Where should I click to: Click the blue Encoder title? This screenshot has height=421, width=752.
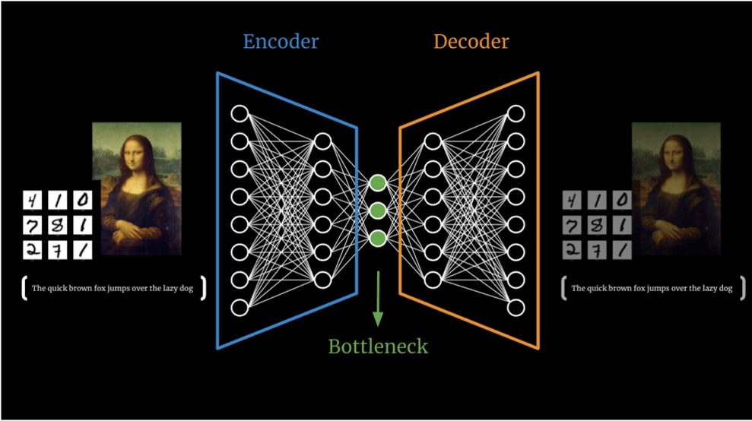coord(281,42)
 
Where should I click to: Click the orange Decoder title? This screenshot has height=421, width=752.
coord(471,42)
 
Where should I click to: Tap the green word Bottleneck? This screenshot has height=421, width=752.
coord(378,347)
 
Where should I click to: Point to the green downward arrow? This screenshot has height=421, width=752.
coord(378,299)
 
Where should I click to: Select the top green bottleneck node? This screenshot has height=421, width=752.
coord(378,182)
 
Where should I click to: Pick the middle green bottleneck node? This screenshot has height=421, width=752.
coord(378,210)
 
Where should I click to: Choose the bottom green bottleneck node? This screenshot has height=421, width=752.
coord(378,239)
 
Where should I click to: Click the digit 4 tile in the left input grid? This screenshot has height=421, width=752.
coord(32,200)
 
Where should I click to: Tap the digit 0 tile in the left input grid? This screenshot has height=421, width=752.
coord(82,200)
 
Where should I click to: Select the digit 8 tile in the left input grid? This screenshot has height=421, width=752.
coord(58,225)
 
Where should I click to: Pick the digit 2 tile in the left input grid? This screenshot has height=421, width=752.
coord(32,250)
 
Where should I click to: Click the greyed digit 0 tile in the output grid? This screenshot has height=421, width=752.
coord(622,200)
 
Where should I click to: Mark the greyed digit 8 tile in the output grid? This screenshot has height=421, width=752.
coord(597,225)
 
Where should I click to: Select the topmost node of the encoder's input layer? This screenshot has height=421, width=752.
coord(240,114)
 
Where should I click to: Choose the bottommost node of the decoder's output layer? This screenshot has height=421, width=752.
coord(516,307)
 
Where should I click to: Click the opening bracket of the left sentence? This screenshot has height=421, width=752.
coord(24,288)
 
